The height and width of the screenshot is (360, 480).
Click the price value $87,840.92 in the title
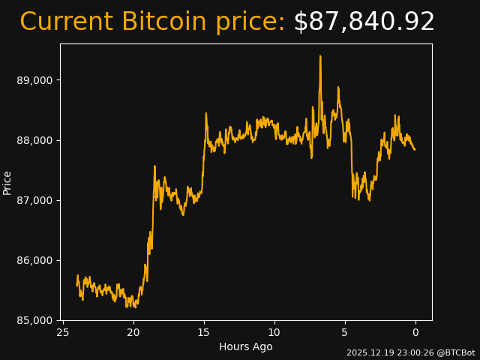tap(364, 22)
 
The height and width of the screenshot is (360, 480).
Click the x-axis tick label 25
tap(63, 332)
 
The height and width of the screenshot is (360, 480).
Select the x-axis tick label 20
tap(133, 332)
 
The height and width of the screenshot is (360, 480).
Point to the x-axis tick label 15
tap(204, 332)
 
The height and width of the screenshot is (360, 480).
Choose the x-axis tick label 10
tap(274, 332)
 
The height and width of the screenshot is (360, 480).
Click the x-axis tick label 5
tap(345, 332)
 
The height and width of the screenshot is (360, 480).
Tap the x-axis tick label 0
tap(415, 332)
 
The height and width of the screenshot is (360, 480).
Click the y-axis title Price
tap(7, 182)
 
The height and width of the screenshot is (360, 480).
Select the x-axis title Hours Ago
tap(246, 346)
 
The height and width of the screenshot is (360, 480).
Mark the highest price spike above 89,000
tap(320, 56)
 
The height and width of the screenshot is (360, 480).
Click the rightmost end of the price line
tap(415, 149)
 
